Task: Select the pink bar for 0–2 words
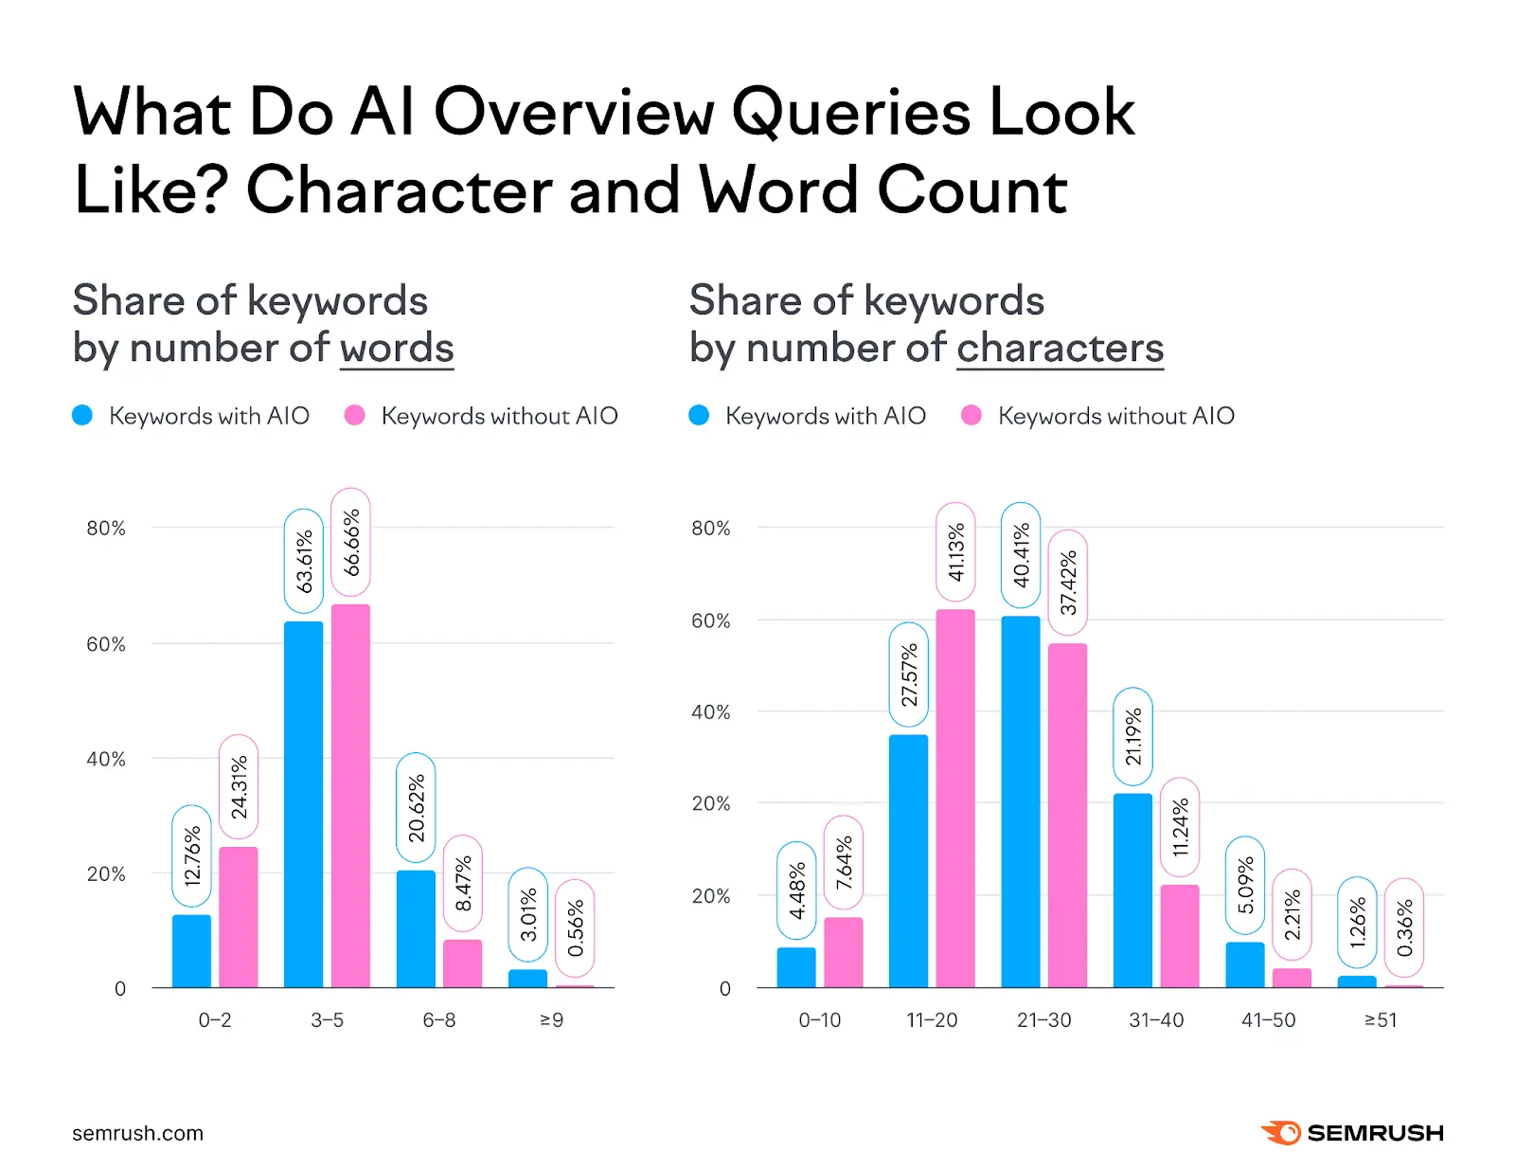click(238, 916)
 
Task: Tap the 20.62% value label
click(416, 807)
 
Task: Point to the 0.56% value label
click(575, 928)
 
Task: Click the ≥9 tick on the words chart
click(551, 1020)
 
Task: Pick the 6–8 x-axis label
click(439, 1020)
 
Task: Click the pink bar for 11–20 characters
click(954, 798)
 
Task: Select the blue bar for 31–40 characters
click(1132, 890)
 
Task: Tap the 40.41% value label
click(1021, 555)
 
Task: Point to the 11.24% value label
click(1180, 827)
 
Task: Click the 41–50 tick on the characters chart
click(1268, 1020)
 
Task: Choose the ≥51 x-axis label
click(1381, 1020)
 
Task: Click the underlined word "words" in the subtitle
click(397, 348)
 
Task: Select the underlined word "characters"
click(1060, 348)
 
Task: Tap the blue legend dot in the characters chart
click(699, 415)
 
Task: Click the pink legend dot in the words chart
click(355, 415)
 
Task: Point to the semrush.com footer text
click(137, 1133)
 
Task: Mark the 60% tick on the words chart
click(106, 644)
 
